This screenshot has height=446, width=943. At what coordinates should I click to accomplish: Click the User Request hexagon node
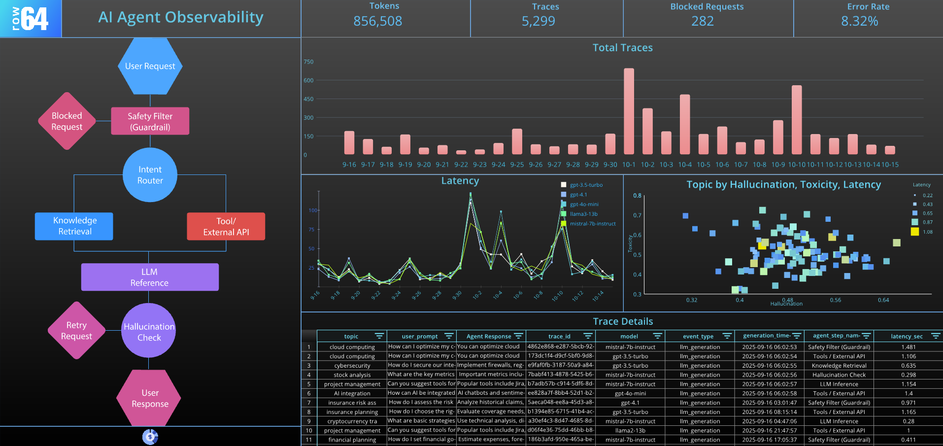click(150, 66)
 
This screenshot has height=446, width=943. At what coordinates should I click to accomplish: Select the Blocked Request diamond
click(67, 121)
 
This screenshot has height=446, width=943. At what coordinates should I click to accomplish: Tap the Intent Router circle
click(150, 175)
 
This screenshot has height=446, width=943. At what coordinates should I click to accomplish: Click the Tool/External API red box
click(226, 227)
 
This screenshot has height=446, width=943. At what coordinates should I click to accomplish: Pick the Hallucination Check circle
click(149, 332)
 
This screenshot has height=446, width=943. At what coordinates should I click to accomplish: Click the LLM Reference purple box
click(149, 277)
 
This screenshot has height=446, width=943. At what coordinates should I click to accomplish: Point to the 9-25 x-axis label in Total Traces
click(517, 165)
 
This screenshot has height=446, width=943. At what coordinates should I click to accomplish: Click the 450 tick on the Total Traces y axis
click(308, 99)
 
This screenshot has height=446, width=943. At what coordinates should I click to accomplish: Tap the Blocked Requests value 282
click(702, 21)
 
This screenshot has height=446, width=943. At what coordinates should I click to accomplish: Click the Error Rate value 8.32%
click(859, 21)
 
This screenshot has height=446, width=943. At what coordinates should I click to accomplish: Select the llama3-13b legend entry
click(583, 214)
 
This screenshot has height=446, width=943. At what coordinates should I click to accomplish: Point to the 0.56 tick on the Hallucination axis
click(835, 300)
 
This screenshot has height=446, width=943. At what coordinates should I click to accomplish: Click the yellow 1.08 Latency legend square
click(915, 232)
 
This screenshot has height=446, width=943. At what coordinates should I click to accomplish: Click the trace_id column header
click(559, 337)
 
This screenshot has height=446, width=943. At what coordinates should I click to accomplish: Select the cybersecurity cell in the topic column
click(352, 366)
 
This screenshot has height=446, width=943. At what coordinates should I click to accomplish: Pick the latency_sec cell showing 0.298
click(908, 375)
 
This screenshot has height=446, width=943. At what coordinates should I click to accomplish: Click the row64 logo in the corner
click(31, 19)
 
